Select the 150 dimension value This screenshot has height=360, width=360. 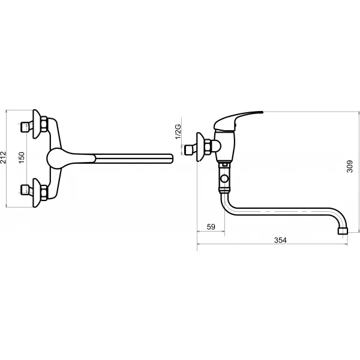pos(21,158)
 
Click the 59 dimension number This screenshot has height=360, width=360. pos(211,226)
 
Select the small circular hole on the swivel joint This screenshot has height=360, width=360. pos(225,179)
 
